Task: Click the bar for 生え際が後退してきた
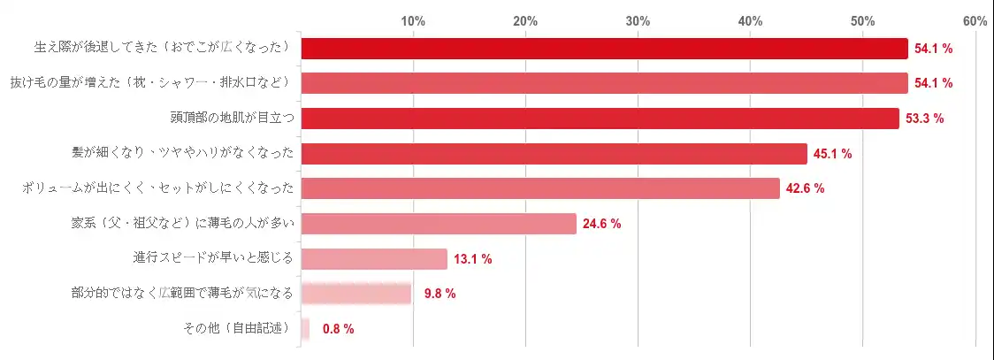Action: (x=604, y=49)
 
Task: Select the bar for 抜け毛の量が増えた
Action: (x=604, y=83)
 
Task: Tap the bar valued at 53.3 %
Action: (x=600, y=119)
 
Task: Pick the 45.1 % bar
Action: (x=554, y=154)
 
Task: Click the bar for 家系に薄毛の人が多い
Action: (x=439, y=224)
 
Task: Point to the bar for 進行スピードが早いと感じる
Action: (x=374, y=258)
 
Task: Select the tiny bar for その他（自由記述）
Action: (x=305, y=329)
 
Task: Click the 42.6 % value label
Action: (x=806, y=188)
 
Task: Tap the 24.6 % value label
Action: (x=602, y=224)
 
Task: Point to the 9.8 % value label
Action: (x=440, y=294)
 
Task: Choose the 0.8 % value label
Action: (x=338, y=329)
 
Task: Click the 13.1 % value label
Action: (x=473, y=259)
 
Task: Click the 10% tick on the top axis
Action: (x=413, y=20)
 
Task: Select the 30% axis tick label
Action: (x=638, y=20)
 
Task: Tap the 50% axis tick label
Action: (x=862, y=20)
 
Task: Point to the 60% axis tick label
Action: (x=975, y=20)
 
